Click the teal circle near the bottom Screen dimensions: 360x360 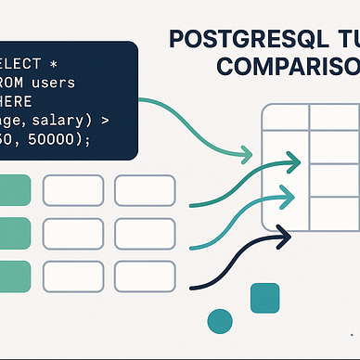pyautogui.click(x=220, y=320)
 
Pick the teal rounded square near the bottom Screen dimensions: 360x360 pyautogui.click(x=264, y=296)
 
